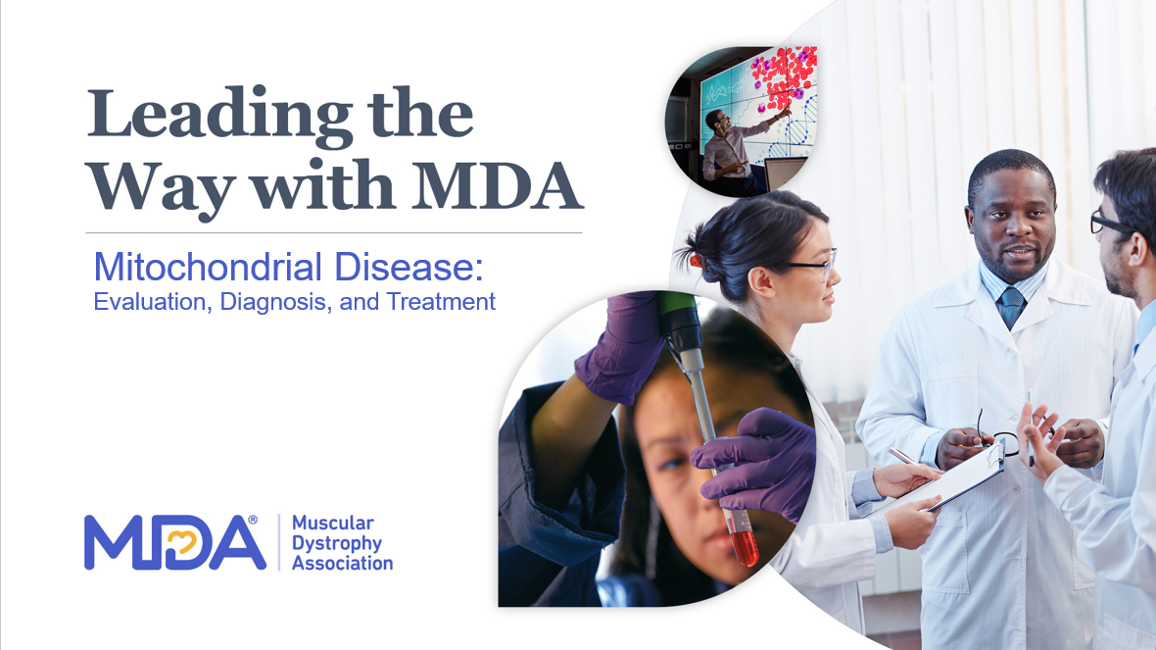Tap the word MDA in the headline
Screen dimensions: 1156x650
(498, 184)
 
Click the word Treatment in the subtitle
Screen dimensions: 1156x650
(441, 302)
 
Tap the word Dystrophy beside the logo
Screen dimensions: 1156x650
(337, 544)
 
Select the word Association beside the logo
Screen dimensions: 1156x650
(342, 563)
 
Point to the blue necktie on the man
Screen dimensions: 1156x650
(1011, 306)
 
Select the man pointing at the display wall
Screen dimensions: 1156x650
(731, 149)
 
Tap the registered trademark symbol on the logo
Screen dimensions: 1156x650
(253, 521)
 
